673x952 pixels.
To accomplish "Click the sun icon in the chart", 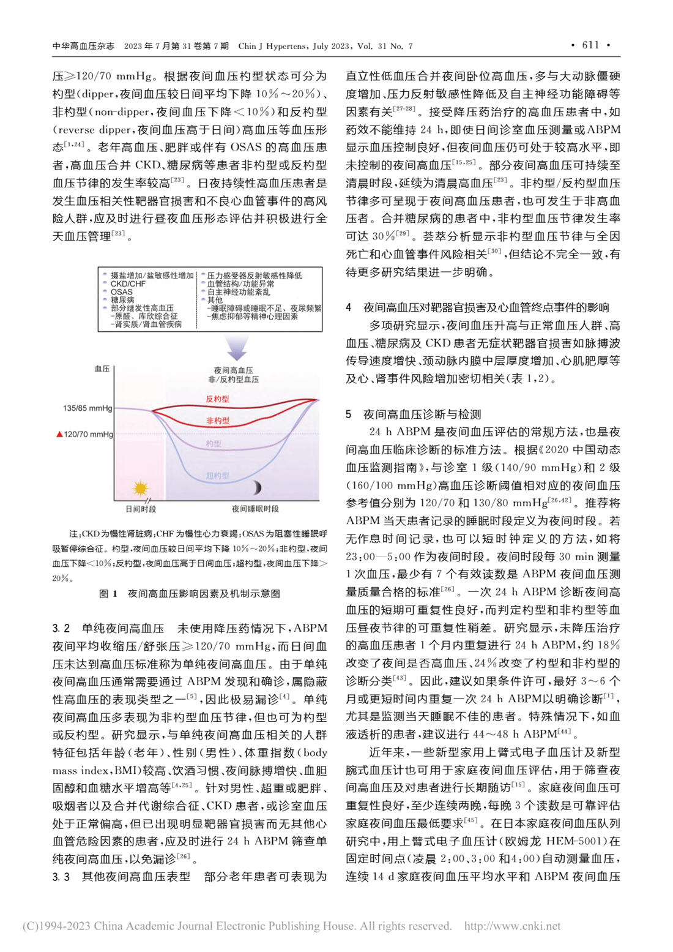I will (x=141, y=489).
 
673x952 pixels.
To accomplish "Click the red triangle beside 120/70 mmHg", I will (x=59, y=434).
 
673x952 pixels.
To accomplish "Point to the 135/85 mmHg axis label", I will (x=87, y=408).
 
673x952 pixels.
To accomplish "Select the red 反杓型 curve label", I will (x=217, y=399).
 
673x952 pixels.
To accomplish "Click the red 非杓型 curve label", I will (x=218, y=421).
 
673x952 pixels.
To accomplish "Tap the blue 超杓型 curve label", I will (x=218, y=476).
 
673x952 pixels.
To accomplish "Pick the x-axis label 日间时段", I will (x=141, y=509).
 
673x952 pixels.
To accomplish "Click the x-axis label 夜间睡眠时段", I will (x=255, y=509).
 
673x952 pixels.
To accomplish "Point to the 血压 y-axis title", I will (x=102, y=369).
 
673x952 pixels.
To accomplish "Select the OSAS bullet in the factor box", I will (x=121, y=292).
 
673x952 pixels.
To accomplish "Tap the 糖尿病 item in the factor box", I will (x=122, y=300).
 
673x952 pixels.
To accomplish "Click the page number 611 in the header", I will (x=590, y=45).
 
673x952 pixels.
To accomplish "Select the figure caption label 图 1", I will (x=108, y=593).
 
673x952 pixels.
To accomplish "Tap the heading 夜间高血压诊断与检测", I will (x=422, y=414).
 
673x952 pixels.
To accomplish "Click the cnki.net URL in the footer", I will (x=512, y=926).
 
